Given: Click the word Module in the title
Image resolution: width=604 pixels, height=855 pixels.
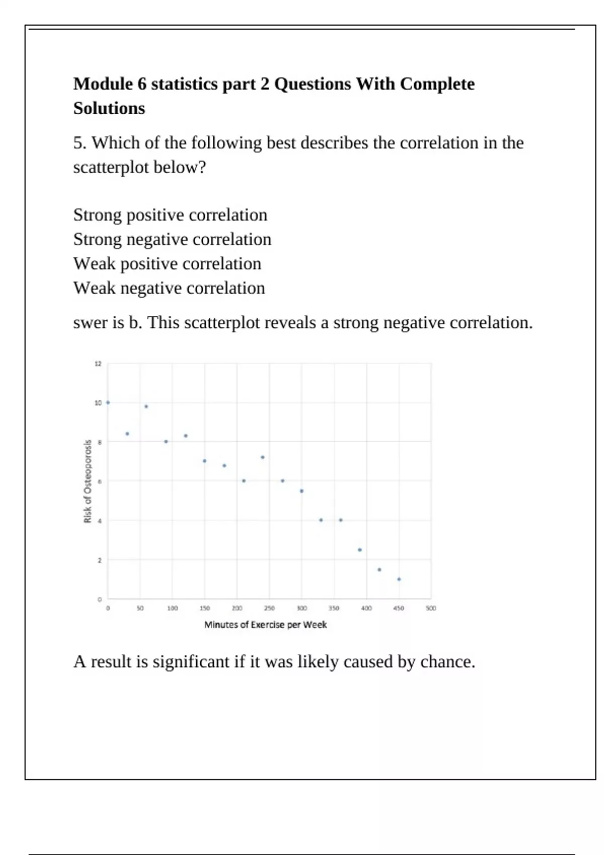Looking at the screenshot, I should coord(103,84).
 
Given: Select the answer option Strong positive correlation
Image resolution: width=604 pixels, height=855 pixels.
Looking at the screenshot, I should coord(170,215).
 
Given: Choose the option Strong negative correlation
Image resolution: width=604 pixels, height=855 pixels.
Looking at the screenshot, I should coord(172,239).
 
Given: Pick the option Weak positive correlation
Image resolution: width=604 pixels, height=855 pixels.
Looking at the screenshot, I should coord(167,264).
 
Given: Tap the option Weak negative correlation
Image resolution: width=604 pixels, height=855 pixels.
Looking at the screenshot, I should coord(169,288).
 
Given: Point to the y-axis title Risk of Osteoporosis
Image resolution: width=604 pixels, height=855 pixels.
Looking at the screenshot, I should coord(88,481).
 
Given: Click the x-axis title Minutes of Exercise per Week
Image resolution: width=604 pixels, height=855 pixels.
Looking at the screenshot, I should coord(265,625).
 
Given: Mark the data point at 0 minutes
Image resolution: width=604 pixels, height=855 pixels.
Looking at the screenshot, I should coord(108,402).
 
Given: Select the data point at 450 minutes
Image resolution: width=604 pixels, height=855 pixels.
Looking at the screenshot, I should coord(399,579).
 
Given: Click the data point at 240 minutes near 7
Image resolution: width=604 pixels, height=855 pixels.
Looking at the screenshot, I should coord(263,457).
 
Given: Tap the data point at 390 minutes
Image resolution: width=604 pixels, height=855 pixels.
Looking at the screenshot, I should coord(360,550).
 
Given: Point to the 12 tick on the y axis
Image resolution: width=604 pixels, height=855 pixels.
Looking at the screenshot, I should coord(98,364).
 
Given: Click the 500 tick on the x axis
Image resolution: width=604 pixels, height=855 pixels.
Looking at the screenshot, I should coord(431,609).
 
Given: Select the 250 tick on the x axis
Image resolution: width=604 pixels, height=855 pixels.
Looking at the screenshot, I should coord(269,609).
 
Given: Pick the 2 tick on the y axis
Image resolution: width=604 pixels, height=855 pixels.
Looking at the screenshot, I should coord(99,560).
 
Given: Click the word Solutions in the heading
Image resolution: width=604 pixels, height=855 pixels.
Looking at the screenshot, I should coord(109,109).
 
